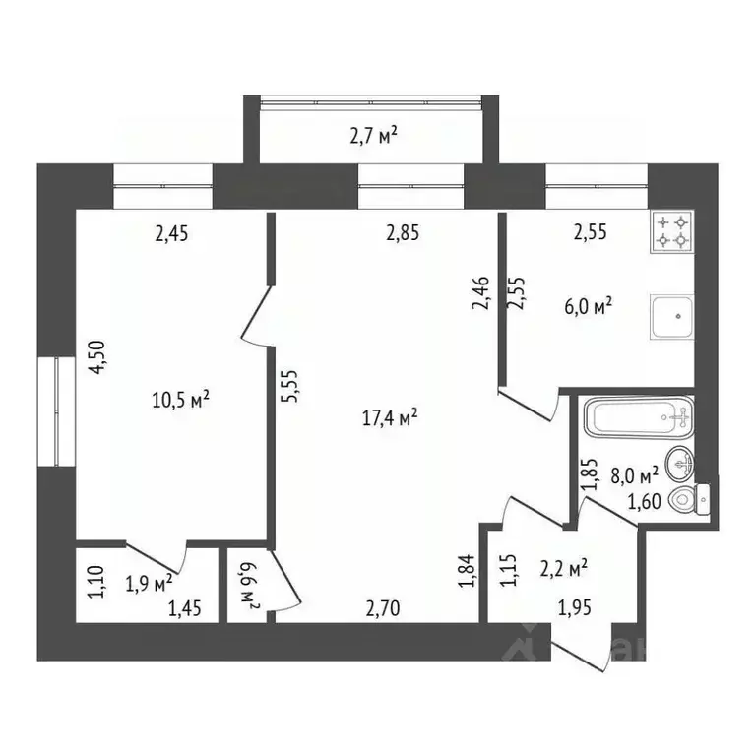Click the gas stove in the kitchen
pos(671,231)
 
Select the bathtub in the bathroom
pos(637,417)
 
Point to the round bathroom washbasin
pos(678,461)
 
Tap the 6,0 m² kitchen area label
pos(588,306)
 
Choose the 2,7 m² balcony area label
pos(374,135)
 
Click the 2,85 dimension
pos(403,233)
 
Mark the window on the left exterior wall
pos(56,410)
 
